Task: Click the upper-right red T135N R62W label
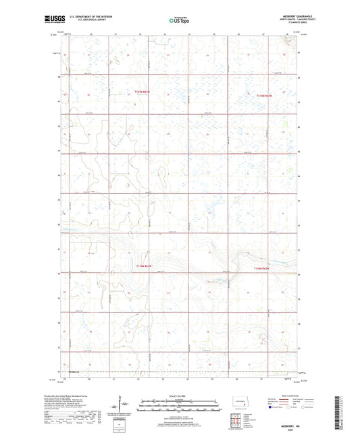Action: coord(264,97)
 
